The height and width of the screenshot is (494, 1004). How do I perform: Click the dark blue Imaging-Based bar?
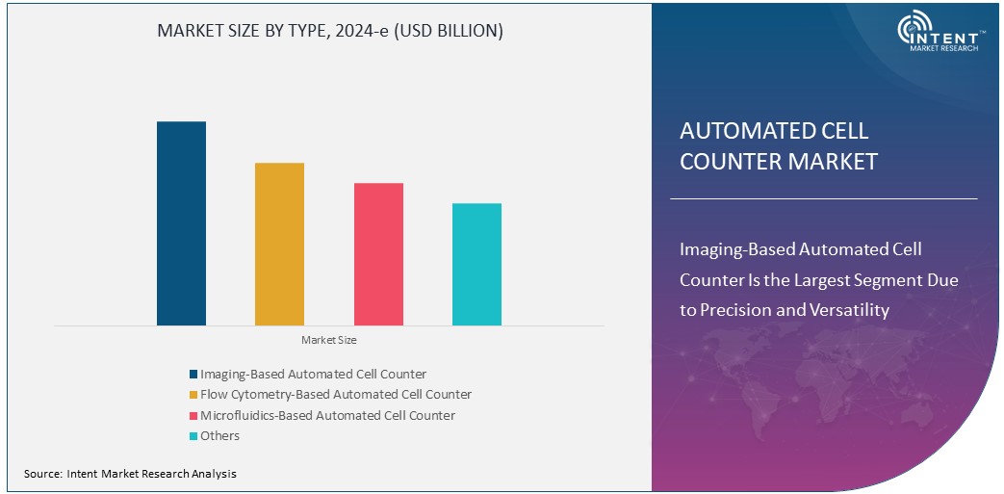pos(181,223)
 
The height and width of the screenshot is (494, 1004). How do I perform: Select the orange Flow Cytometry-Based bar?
pos(279,244)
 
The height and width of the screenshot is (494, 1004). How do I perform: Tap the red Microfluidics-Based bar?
pos(378,254)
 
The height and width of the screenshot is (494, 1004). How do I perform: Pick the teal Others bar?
pos(476,264)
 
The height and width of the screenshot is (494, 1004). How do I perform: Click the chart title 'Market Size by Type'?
pos(329,31)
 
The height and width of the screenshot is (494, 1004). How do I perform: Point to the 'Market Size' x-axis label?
pos(329,340)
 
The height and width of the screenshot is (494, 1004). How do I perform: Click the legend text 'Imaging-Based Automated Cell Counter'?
pos(313,374)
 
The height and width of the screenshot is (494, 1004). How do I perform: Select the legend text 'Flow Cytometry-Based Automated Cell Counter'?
pos(336,394)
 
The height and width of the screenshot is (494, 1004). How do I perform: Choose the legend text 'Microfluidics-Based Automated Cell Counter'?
pos(327,415)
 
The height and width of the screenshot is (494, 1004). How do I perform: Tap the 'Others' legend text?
pos(219,436)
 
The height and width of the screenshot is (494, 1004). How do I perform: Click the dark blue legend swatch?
pos(193,374)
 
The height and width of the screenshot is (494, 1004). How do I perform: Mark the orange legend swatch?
pos(193,395)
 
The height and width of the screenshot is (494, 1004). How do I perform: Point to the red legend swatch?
pos(193,416)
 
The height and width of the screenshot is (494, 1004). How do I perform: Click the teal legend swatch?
pos(193,436)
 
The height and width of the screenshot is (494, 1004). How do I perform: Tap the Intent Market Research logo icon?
pos(914,32)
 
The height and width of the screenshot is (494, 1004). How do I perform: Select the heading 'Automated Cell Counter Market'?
pos(778,145)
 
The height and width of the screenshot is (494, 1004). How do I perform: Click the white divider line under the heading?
pos(823,198)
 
